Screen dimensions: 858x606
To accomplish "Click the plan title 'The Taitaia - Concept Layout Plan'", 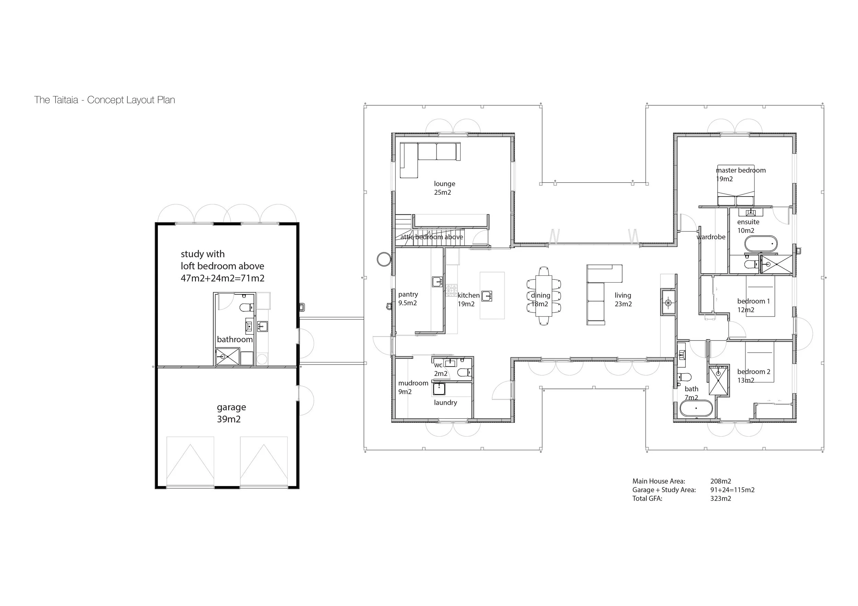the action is pyautogui.click(x=105, y=100).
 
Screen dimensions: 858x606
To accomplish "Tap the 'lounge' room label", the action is pyautogui.click(x=444, y=184).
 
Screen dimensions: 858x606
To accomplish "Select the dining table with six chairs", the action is pyautogui.click(x=544, y=296).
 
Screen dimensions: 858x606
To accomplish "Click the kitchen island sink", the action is pyautogui.click(x=487, y=296).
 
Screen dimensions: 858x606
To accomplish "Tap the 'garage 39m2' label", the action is pyautogui.click(x=231, y=413).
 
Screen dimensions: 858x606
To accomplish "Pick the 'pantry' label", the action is pyautogui.click(x=408, y=295).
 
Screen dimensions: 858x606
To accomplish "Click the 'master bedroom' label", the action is pyautogui.click(x=741, y=170).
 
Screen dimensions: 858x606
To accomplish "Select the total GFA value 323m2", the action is pyautogui.click(x=720, y=498).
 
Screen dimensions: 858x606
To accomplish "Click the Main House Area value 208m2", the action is pyautogui.click(x=720, y=481).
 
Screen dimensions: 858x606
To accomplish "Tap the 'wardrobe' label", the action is pyautogui.click(x=711, y=237).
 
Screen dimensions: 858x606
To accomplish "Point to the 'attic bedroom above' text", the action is pyautogui.click(x=432, y=237).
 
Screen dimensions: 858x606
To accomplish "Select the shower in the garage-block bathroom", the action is pyautogui.click(x=227, y=356).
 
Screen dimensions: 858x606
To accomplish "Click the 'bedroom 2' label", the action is pyautogui.click(x=754, y=371).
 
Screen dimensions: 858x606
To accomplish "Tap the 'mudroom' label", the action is pyautogui.click(x=413, y=383).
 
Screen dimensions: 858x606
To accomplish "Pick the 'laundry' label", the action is pyautogui.click(x=445, y=403).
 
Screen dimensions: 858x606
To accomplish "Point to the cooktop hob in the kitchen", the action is pyautogui.click(x=451, y=290).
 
